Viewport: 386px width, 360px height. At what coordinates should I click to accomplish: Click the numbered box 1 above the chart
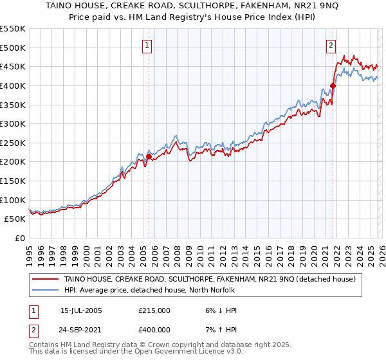147,45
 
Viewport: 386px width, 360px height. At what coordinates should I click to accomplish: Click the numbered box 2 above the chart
331,45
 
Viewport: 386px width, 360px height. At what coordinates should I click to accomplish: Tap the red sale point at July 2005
149,156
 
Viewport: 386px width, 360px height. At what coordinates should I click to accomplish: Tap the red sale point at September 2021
333,85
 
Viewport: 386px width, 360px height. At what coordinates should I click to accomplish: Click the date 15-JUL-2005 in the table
81,310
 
